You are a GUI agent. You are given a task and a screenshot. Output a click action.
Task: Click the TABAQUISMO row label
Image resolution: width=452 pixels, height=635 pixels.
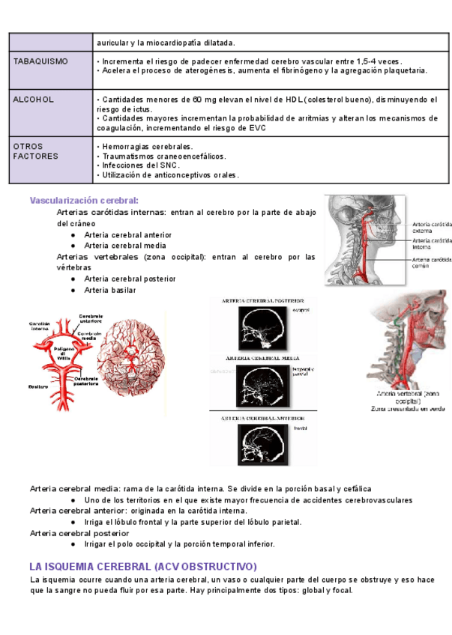41,61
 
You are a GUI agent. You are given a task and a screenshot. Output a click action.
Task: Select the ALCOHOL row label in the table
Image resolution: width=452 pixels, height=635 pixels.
32,99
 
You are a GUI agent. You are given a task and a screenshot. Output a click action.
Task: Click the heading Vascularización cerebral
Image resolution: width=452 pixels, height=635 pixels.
84,201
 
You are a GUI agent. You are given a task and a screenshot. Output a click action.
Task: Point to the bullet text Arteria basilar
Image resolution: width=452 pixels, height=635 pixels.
110,290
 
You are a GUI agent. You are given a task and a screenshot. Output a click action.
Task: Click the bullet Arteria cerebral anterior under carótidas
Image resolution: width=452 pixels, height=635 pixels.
128,234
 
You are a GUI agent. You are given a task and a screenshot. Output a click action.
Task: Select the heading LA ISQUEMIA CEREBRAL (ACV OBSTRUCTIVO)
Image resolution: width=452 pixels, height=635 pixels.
143,566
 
